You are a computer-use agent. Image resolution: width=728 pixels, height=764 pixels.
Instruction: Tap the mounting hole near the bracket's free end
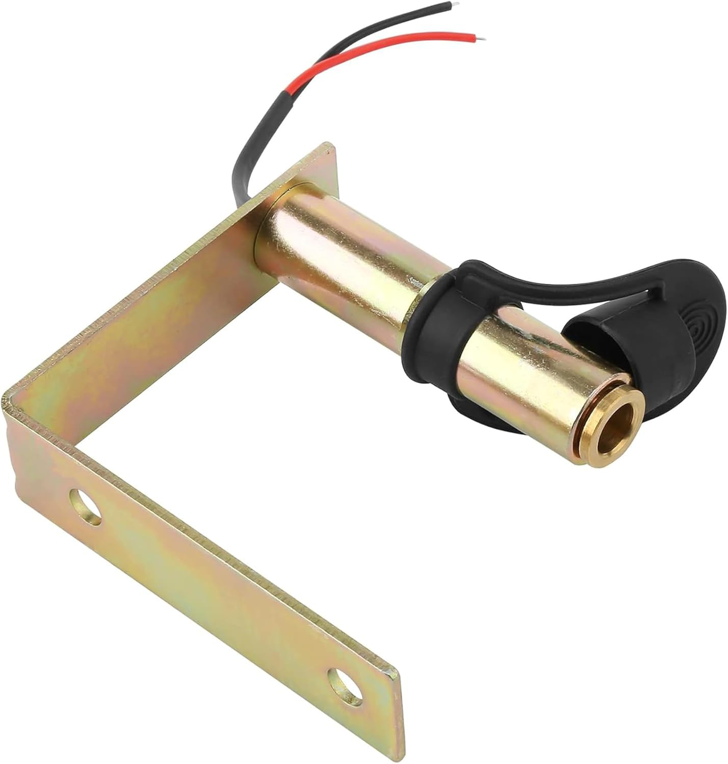pos(346,687)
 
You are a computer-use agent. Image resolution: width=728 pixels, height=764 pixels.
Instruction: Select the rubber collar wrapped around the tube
pos(433,336)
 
